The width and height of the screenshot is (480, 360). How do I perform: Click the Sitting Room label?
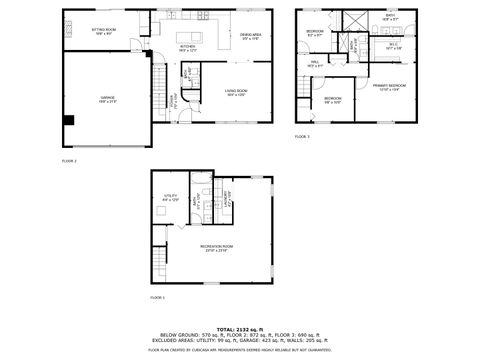click(104, 31)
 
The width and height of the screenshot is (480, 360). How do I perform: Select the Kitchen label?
click(187, 46)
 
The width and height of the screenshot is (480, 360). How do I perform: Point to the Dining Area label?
click(250, 37)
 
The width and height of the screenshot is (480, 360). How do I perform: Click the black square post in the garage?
click(69, 120)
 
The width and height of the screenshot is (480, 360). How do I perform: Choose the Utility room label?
click(171, 198)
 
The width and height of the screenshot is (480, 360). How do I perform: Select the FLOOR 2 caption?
click(69, 160)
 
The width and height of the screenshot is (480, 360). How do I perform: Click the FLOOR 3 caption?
click(302, 136)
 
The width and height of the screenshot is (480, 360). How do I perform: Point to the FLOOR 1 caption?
click(157, 298)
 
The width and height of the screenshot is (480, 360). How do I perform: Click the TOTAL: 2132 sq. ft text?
click(240, 327)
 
